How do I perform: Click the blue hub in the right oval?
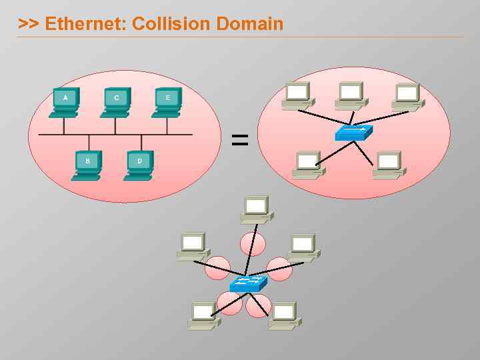pyautogui.click(x=353, y=133)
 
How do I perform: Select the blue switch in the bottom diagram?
pyautogui.click(x=248, y=284)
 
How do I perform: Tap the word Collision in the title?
pyautogui.click(x=171, y=24)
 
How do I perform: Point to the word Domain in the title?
pyautogui.click(x=249, y=24)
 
